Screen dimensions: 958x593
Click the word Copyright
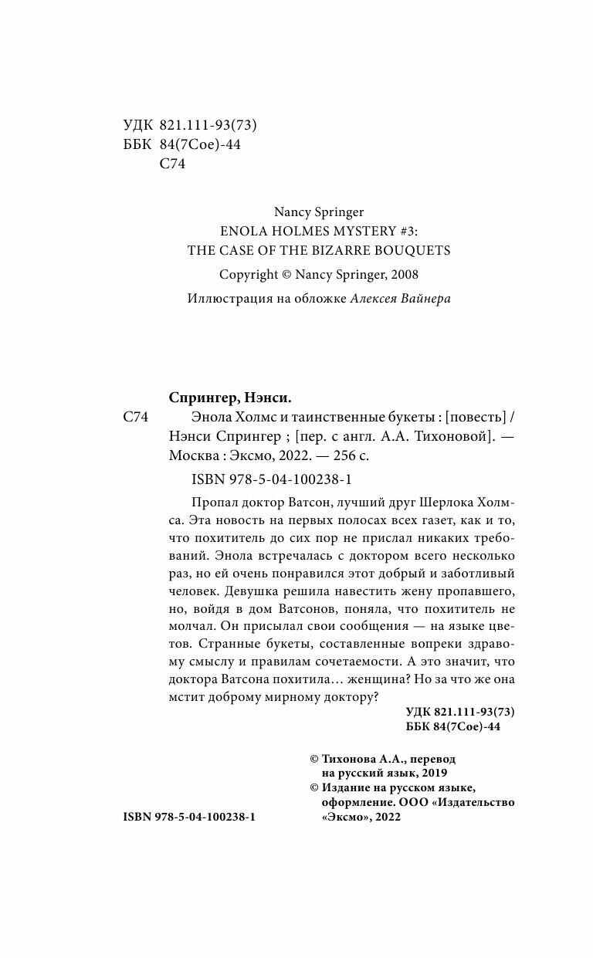(249, 274)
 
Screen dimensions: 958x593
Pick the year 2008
(402, 274)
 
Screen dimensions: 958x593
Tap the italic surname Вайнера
(421, 299)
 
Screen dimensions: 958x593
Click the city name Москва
(191, 456)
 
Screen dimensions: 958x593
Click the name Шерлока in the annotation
(444, 501)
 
